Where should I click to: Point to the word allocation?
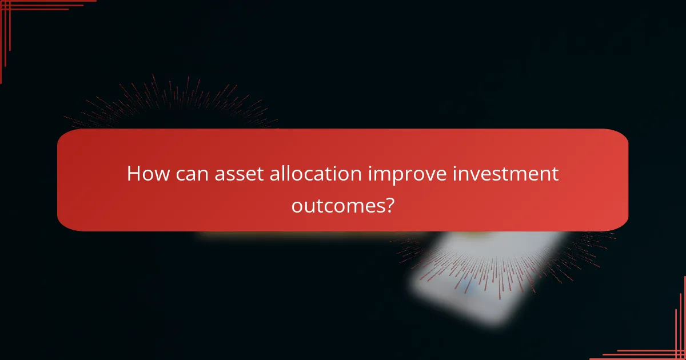pos(309,173)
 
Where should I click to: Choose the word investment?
pos(505,173)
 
